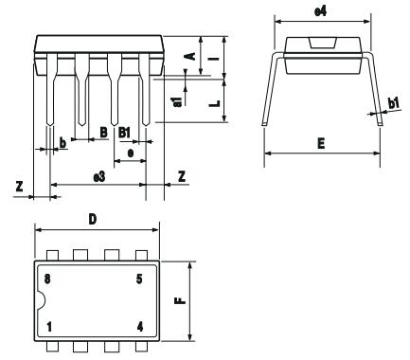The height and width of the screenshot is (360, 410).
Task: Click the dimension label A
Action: tap(188, 56)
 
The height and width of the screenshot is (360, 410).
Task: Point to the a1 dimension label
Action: tap(177, 101)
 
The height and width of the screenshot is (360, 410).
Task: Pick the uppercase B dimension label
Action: tap(102, 133)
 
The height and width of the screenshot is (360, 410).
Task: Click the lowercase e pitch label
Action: tap(129, 151)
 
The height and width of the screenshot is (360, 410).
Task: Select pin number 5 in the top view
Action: tap(139, 279)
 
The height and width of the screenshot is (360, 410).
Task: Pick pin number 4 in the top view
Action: tap(139, 327)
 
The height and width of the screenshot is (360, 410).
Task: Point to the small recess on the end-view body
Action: tap(321, 42)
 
